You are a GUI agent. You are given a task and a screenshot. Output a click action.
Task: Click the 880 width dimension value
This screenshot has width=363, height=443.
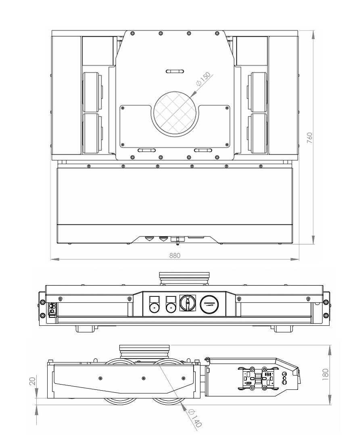[175, 255]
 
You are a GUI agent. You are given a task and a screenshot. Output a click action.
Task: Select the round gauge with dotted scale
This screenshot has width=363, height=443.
[209, 302]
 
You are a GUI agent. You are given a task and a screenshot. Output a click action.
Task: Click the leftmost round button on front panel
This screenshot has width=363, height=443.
[154, 308]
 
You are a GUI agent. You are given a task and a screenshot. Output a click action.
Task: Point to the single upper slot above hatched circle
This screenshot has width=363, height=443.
[175, 71]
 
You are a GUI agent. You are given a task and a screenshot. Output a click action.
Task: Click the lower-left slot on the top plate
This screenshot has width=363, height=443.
[147, 150]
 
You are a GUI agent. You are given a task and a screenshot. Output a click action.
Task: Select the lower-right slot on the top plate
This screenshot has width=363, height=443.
[203, 150]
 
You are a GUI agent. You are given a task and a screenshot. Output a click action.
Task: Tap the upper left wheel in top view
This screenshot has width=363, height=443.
[92, 91]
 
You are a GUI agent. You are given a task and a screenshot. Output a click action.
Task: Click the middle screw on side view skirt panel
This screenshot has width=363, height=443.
[144, 378]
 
